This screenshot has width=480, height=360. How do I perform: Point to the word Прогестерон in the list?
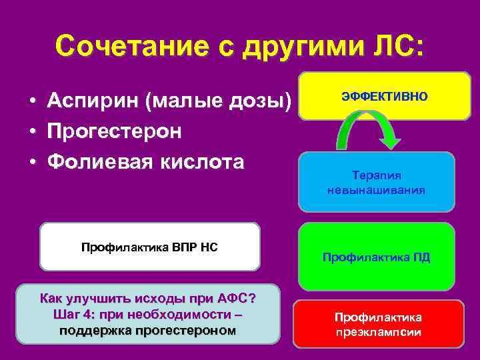(x=114, y=131)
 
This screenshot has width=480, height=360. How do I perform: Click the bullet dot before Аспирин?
(x=32, y=102)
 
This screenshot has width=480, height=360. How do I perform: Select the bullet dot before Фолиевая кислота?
(x=32, y=162)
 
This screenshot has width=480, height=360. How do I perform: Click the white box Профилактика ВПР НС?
(x=150, y=247)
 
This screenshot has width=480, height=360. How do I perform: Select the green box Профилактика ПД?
(x=377, y=257)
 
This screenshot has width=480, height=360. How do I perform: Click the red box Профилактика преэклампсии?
(x=378, y=324)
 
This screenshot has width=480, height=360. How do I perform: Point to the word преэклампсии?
(x=378, y=332)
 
